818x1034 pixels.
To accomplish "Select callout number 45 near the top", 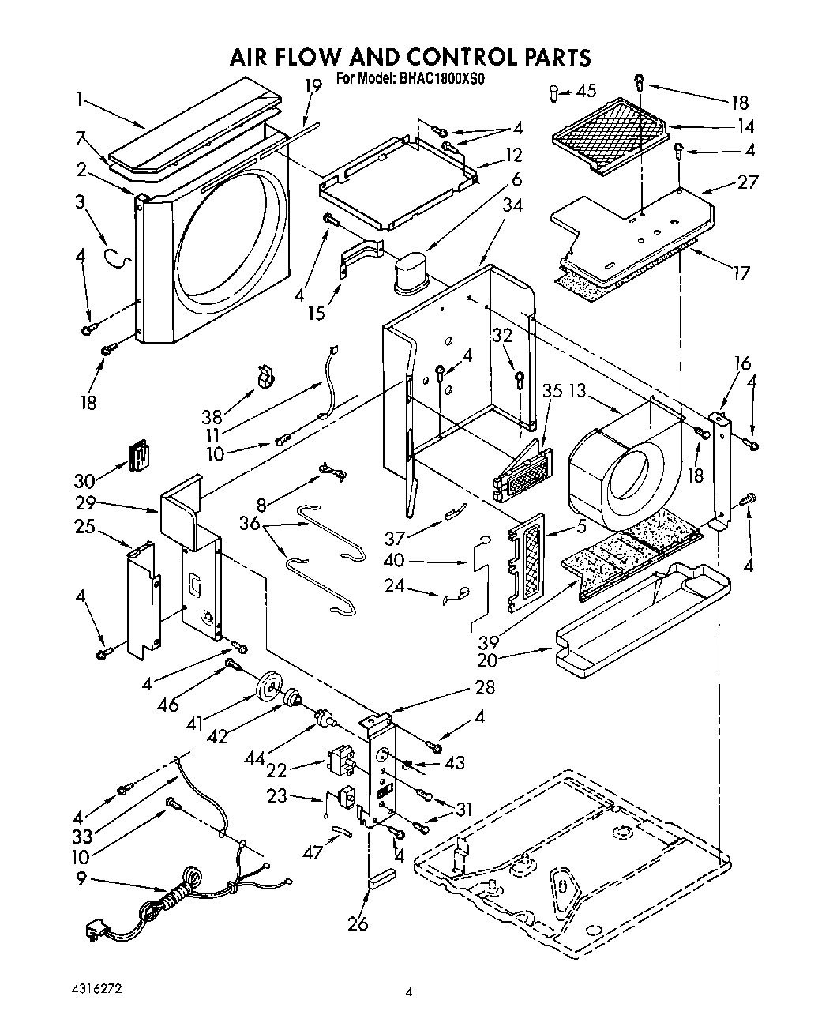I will pos(586,91).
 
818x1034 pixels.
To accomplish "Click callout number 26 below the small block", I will pos(358,923).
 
